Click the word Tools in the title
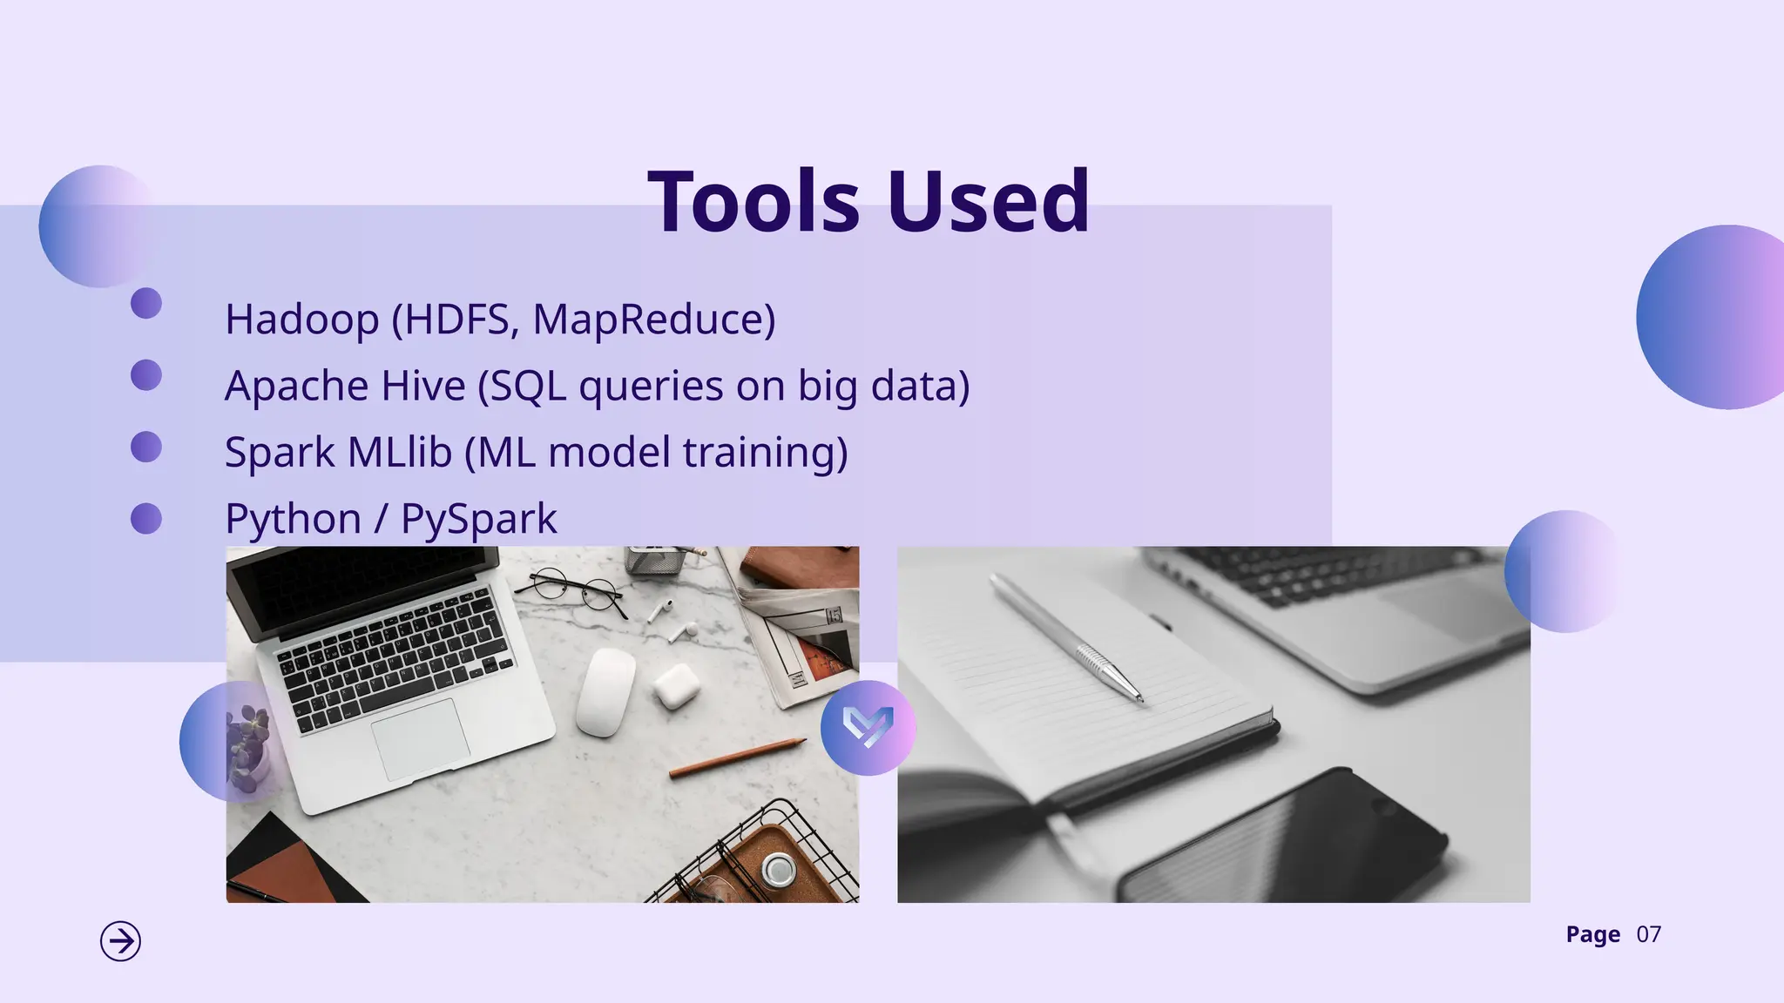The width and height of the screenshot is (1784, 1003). point(754,202)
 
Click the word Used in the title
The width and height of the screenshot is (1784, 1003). point(989,202)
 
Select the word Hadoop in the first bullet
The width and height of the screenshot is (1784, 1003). point(301,319)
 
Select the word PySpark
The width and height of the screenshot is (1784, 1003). point(478,519)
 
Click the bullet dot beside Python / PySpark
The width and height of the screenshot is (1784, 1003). point(146,519)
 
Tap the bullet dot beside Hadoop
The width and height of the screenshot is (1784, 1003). point(146,303)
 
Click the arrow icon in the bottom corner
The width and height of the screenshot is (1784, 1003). point(120,941)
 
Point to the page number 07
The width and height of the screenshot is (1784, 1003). point(1648,935)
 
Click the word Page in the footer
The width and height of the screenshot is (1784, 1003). point(1592,935)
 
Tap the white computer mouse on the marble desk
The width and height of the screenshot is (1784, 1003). point(605,692)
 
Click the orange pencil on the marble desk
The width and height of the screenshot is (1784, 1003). point(737,757)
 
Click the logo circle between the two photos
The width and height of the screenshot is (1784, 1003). point(868,728)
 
